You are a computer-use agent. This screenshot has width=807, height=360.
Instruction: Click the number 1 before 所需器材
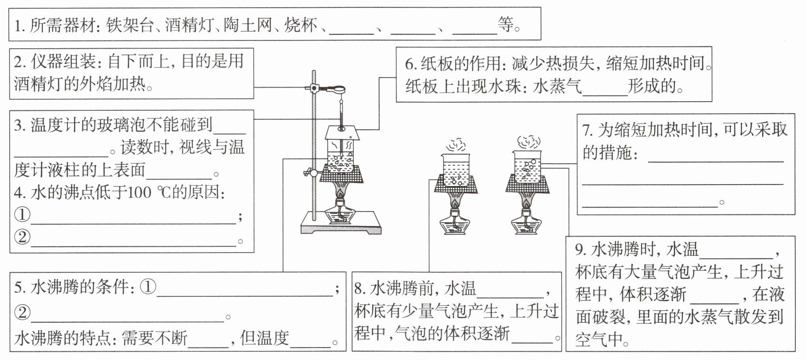[x=19, y=26]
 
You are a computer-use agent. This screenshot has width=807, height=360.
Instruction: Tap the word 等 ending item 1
[x=505, y=24]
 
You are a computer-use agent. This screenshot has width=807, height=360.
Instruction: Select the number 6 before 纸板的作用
[x=410, y=64]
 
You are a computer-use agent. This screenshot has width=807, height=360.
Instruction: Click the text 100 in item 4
[x=139, y=193]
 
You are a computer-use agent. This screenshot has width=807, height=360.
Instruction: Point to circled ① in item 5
[x=148, y=287]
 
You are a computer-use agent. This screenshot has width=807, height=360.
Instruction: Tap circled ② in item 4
[x=22, y=237]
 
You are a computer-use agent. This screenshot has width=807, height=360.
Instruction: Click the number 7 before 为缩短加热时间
[x=587, y=130]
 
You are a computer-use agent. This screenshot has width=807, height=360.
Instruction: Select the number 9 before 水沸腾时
[x=580, y=250]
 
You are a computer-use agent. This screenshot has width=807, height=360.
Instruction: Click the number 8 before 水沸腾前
[x=359, y=289]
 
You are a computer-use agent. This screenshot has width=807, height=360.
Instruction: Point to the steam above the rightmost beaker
[x=528, y=142]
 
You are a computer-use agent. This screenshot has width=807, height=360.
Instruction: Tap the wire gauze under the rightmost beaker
[x=527, y=184]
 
